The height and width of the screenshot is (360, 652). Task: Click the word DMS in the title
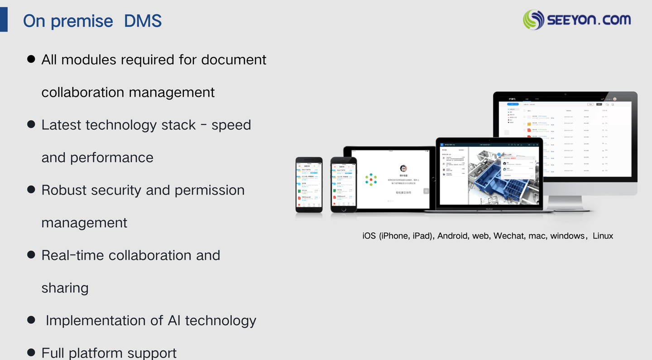tap(143, 21)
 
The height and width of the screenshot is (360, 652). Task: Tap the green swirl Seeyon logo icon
tap(533, 20)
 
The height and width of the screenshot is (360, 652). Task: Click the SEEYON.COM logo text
tap(589, 20)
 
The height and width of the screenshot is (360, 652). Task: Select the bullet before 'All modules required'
tap(31, 59)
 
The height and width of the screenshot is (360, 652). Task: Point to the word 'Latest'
tap(61, 125)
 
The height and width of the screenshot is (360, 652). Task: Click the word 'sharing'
tap(65, 288)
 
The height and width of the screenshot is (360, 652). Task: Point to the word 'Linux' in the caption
tap(603, 236)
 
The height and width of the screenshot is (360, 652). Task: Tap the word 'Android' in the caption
tap(452, 236)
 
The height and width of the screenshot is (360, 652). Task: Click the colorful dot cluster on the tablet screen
tap(371, 179)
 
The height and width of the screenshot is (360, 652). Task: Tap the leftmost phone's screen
tap(309, 185)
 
